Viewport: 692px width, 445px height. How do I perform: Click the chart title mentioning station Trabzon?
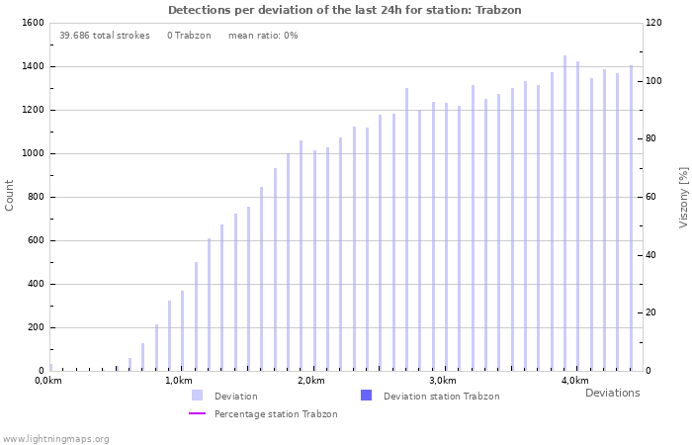click(x=344, y=10)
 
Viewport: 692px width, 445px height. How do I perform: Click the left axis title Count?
click(x=10, y=195)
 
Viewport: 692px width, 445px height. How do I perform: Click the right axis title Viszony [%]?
click(x=683, y=197)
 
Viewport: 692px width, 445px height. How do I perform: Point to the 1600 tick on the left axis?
click(x=32, y=23)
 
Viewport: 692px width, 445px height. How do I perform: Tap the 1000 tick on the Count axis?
click(x=32, y=153)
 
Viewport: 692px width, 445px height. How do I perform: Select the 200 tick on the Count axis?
click(x=35, y=327)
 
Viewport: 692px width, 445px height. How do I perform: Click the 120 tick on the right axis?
click(x=654, y=23)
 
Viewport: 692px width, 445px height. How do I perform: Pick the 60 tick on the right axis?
click(x=651, y=197)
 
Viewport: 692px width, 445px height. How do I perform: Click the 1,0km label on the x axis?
click(x=179, y=381)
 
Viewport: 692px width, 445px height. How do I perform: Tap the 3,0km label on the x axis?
click(x=443, y=381)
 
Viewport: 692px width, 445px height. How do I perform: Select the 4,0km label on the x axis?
click(x=574, y=381)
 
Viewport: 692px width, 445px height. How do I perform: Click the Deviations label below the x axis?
click(x=612, y=393)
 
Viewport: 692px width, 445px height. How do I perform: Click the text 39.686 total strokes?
click(x=104, y=36)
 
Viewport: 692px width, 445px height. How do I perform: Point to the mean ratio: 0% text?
click(x=263, y=36)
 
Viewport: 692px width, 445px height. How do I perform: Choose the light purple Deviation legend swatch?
click(x=198, y=396)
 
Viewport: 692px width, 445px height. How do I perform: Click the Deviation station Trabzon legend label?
click(x=441, y=397)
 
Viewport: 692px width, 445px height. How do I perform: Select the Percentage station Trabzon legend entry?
click(x=276, y=414)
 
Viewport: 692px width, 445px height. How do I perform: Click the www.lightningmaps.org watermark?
click(x=55, y=439)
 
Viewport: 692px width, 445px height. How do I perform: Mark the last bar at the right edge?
click(x=631, y=218)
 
